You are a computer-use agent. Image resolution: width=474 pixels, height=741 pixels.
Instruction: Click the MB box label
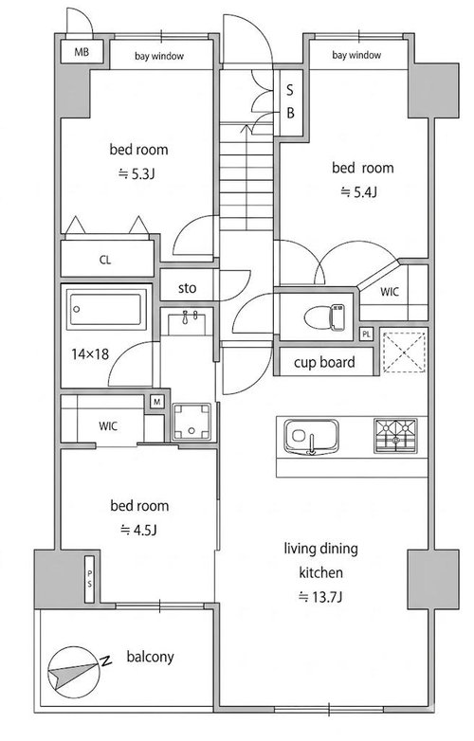(x=82, y=51)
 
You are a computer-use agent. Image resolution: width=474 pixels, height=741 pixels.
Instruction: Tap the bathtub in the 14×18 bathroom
(x=106, y=309)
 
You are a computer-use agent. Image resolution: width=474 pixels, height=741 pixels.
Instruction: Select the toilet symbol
(x=324, y=316)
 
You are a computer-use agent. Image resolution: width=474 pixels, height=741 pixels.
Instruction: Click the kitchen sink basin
(x=311, y=437)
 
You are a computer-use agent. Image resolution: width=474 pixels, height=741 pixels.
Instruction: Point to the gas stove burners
(x=395, y=435)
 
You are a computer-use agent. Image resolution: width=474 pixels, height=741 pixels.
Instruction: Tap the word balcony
(x=151, y=657)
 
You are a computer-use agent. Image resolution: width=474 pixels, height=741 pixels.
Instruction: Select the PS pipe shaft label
(x=89, y=579)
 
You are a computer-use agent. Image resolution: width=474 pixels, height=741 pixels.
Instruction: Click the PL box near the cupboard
(x=367, y=334)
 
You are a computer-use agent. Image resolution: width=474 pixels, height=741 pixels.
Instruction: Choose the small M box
(x=157, y=402)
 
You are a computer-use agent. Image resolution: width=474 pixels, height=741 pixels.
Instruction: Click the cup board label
(x=324, y=363)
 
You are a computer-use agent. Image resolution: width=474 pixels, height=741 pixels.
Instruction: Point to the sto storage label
(x=187, y=288)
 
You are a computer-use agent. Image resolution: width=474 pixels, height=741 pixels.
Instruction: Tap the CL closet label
(x=105, y=260)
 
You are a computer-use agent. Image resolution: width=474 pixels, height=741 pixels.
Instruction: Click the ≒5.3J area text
(x=137, y=174)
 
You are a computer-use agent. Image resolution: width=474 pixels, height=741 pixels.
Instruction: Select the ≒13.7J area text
(x=320, y=597)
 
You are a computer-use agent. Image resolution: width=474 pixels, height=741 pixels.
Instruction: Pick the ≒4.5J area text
(x=138, y=530)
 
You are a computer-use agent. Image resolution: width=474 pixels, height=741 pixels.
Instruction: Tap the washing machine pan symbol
(x=191, y=422)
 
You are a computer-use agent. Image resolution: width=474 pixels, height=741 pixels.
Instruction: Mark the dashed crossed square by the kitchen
(x=404, y=352)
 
